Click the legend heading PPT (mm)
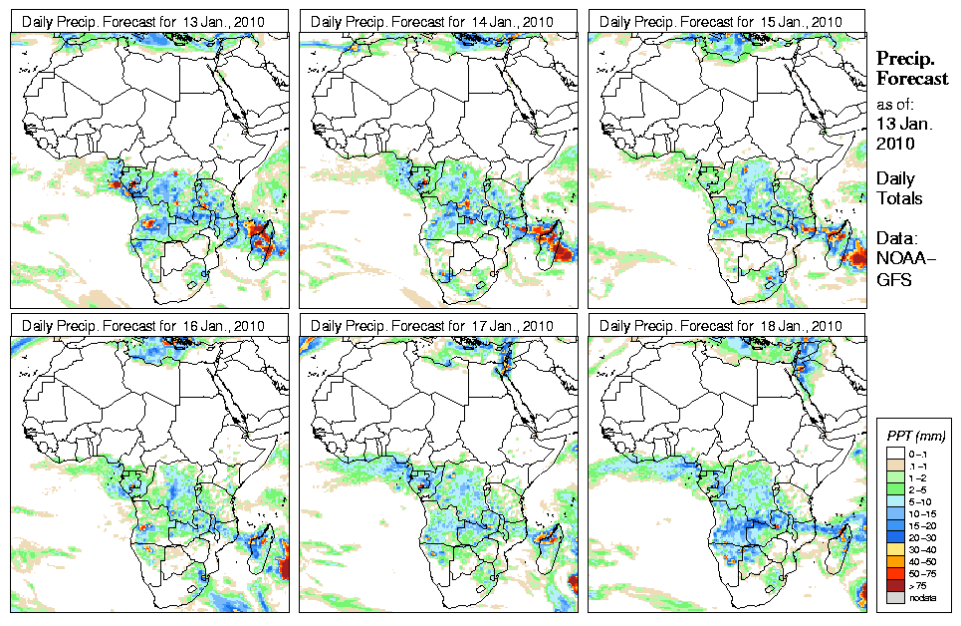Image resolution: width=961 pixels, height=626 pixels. click(915, 436)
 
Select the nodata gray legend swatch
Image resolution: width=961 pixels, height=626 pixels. click(894, 597)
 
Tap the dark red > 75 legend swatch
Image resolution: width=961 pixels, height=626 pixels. click(894, 586)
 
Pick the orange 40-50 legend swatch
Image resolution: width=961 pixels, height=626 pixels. click(894, 561)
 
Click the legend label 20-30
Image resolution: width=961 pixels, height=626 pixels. click(923, 536)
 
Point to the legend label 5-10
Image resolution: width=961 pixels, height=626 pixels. click(923, 499)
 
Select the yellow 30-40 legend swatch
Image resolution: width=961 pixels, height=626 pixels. click(894, 549)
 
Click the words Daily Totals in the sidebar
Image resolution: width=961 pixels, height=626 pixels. click(899, 188)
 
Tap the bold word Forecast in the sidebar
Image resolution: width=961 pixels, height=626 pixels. click(912, 79)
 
